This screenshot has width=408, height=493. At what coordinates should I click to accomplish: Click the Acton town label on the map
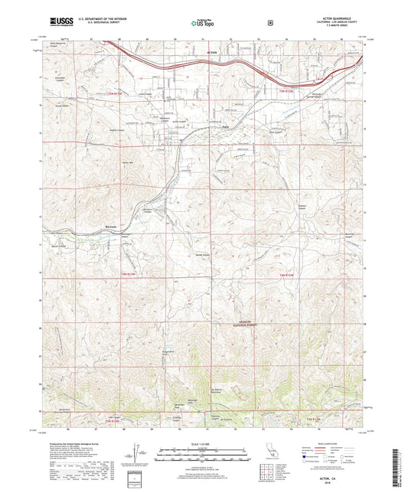pos(213,52)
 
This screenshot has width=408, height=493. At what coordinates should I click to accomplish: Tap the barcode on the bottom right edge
pos(400,467)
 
